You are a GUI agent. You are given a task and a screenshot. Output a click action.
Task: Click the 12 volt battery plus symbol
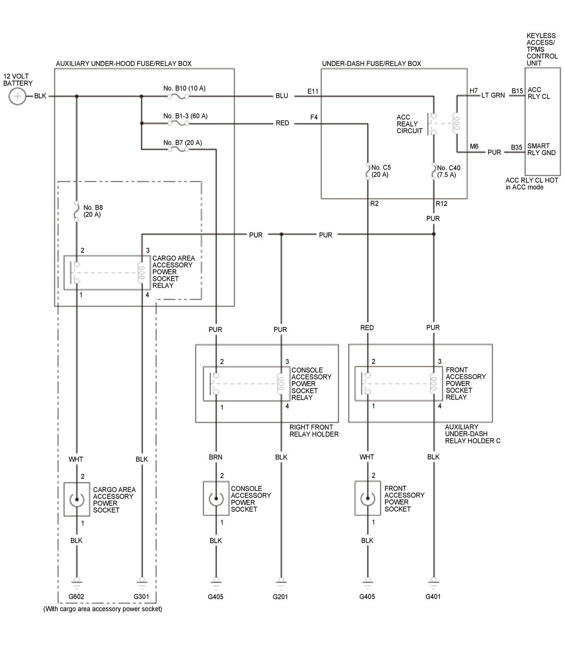click(x=17, y=96)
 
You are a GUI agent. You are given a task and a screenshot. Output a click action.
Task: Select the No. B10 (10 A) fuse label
click(x=184, y=88)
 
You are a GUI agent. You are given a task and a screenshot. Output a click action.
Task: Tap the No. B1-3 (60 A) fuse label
click(x=185, y=116)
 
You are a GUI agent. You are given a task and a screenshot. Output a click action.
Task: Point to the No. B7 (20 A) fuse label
click(x=182, y=142)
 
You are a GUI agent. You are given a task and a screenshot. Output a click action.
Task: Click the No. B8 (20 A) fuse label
click(x=93, y=211)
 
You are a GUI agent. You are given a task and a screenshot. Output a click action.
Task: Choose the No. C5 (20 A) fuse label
click(x=381, y=171)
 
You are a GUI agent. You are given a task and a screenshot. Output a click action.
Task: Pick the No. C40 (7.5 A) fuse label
click(x=448, y=171)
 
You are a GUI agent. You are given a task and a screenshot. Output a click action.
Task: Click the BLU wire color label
click(x=282, y=95)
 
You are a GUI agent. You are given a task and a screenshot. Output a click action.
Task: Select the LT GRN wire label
click(x=493, y=95)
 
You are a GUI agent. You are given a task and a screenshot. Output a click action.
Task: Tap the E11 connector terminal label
click(x=313, y=91)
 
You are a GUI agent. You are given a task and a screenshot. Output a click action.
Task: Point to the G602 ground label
click(x=76, y=596)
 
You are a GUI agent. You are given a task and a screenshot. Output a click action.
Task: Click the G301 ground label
click(x=141, y=596)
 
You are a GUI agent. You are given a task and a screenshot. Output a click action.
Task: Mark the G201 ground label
click(x=280, y=597)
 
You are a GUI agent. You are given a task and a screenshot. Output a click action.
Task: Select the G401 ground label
click(x=433, y=596)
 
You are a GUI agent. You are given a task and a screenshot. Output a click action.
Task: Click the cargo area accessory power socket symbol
click(x=77, y=499)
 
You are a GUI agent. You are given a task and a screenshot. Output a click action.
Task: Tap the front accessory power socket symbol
click(x=368, y=498)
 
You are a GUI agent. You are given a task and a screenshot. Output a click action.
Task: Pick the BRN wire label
click(x=216, y=457)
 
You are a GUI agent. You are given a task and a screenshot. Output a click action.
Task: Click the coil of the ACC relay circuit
click(x=456, y=123)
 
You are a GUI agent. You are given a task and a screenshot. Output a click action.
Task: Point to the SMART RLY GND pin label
click(x=541, y=149)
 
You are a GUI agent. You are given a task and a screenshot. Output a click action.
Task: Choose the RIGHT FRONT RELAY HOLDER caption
click(x=313, y=430)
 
